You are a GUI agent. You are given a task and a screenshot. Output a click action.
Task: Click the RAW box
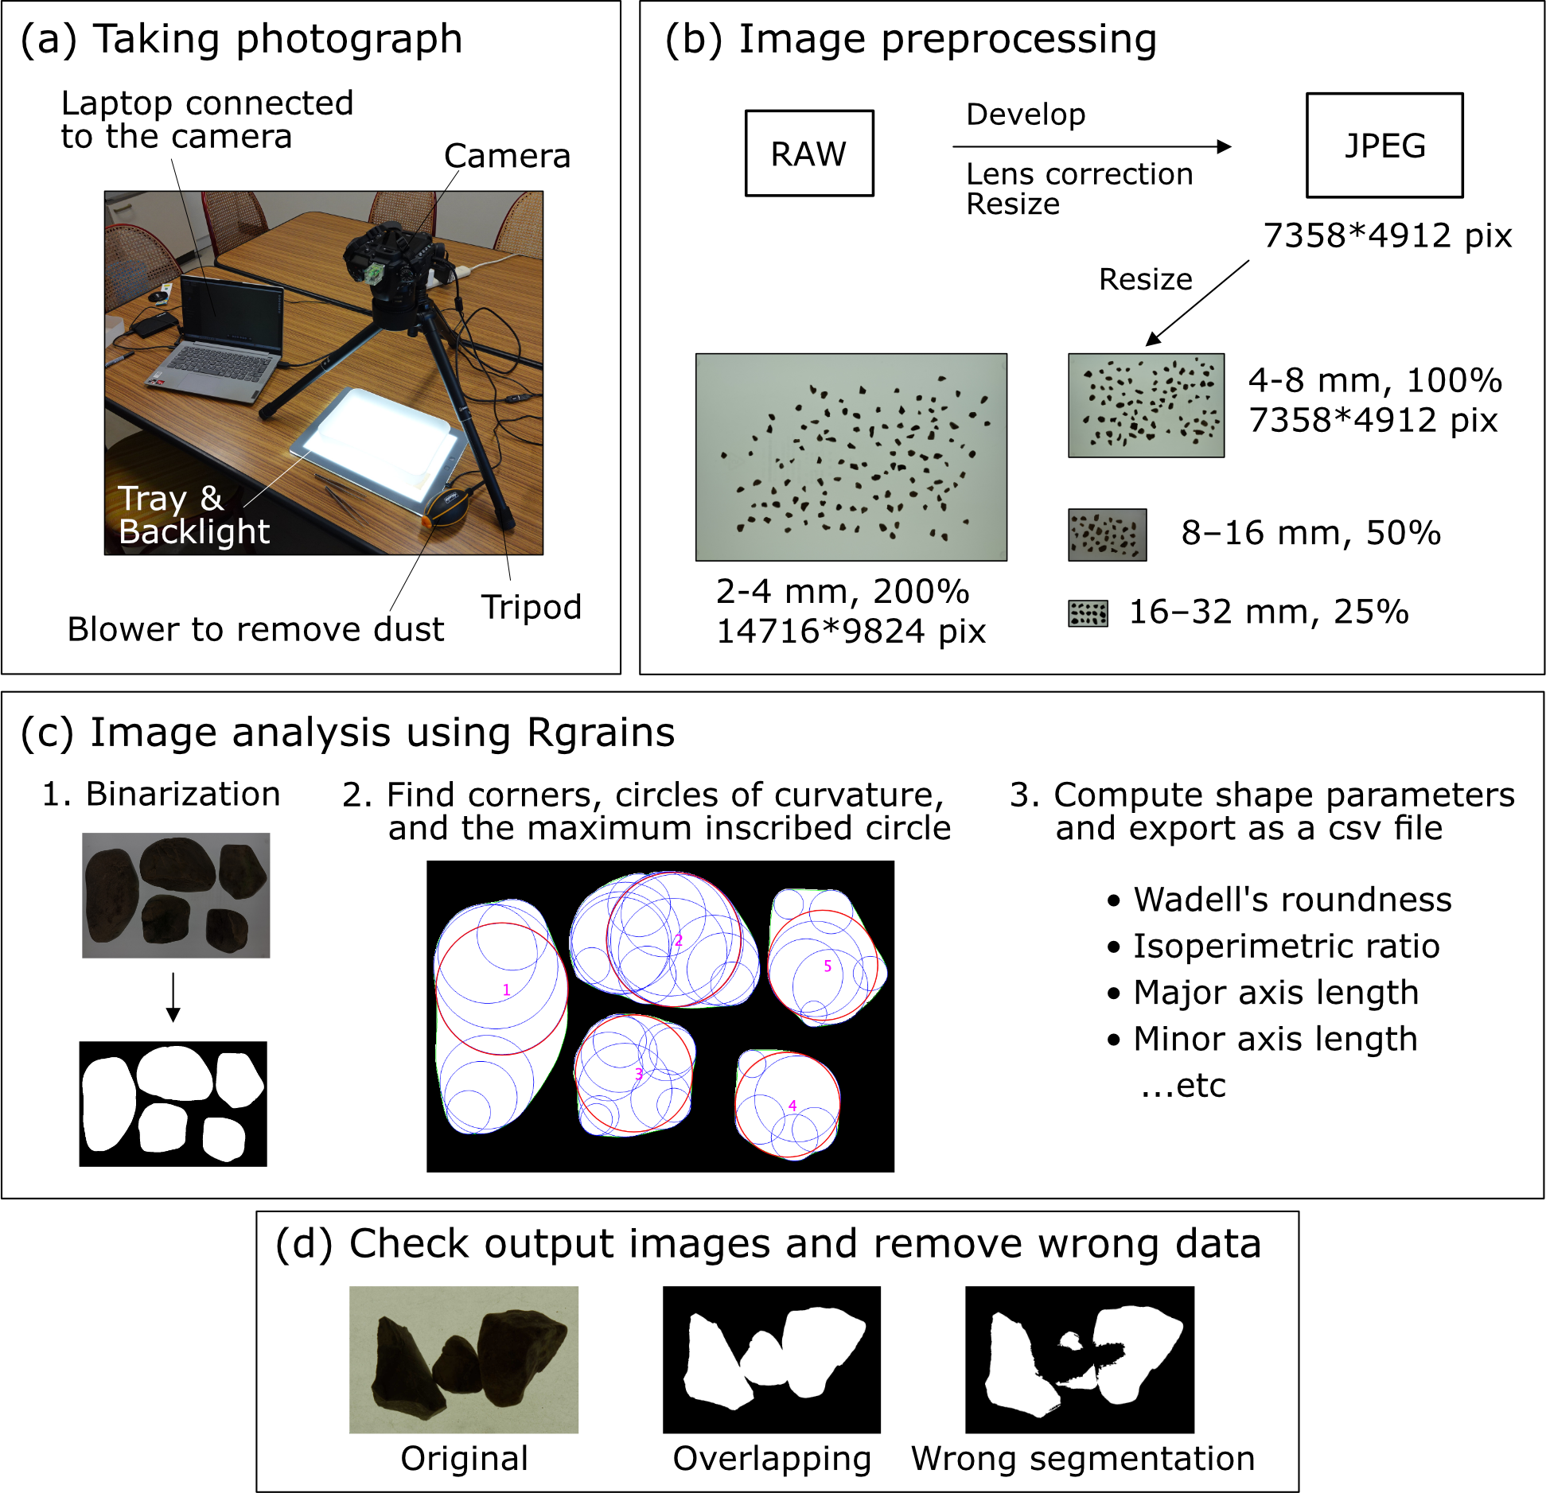pos(808,153)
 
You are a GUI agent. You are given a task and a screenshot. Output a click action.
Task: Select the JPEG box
pos(1384,146)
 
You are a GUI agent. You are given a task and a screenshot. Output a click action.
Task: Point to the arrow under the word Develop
pos(1091,146)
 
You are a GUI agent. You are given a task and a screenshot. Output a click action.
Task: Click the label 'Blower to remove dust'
pos(255,629)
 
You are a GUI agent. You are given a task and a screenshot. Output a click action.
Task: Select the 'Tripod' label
pos(531,607)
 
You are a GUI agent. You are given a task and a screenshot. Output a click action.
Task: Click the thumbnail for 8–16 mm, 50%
pos(1107,535)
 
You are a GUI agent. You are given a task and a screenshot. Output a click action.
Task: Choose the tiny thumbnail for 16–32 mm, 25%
pos(1088,613)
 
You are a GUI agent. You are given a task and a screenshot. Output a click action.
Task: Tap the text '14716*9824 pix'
pos(851,632)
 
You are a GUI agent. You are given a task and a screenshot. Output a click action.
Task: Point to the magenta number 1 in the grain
pos(506,990)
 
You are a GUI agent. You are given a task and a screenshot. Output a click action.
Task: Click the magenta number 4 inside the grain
pos(792,1106)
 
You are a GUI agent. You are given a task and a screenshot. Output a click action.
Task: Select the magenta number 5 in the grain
pos(828,966)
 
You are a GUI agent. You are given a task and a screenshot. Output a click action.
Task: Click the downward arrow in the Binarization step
pos(173,997)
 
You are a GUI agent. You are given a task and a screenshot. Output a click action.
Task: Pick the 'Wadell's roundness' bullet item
pos(1291,900)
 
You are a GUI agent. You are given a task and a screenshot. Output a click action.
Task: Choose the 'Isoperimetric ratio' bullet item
pos(1286,947)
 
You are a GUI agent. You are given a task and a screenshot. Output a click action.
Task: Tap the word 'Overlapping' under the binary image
pos(772,1458)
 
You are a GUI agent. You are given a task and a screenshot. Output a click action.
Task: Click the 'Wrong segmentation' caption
pos(1083,1458)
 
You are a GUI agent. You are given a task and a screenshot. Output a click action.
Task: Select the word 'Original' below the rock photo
pos(464,1458)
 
